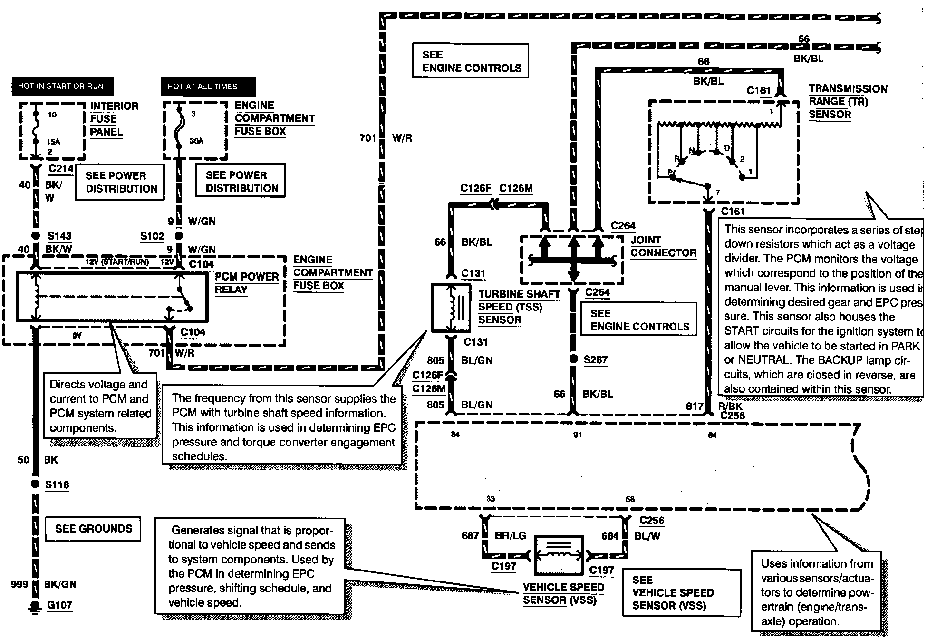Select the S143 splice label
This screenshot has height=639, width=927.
pos(59,236)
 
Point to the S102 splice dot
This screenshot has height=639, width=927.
pos(179,236)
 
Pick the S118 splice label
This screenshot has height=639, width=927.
pos(57,485)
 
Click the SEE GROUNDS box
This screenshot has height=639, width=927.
pos(93,529)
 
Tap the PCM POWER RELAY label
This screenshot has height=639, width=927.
pos(246,283)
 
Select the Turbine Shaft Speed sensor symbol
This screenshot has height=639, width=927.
pos(450,307)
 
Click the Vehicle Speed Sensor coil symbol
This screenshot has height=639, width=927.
pos(559,554)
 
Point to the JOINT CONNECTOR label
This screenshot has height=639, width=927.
pos(663,246)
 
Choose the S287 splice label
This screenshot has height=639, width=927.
pos(596,360)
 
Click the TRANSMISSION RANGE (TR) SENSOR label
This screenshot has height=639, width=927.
pos(848,101)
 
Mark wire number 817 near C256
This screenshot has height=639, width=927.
pos(695,406)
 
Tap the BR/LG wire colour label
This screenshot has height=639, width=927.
pos(511,536)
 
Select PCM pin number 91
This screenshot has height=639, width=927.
pos(577,435)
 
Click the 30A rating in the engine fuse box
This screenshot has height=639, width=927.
pos(196,141)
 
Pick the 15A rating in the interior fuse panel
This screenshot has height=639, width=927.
pos(53,142)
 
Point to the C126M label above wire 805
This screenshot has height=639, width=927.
pos(428,388)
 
